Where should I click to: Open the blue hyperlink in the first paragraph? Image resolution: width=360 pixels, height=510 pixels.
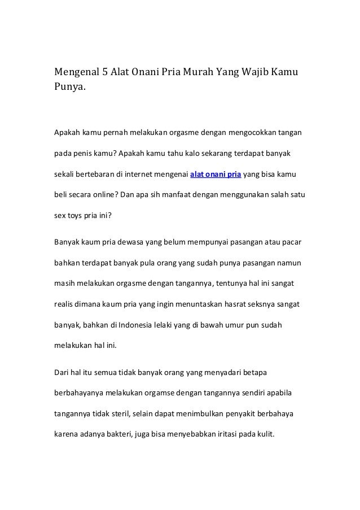216,173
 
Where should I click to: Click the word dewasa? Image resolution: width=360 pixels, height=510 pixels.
131,243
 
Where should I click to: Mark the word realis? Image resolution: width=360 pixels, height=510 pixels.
63,304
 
